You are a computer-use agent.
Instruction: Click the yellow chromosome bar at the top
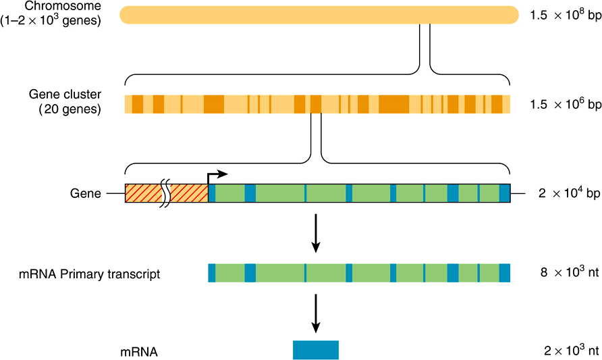click(x=317, y=14)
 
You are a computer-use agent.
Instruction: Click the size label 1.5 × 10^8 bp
click(x=566, y=15)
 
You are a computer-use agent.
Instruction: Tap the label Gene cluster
click(x=65, y=94)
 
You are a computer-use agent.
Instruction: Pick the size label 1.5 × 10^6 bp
click(x=566, y=104)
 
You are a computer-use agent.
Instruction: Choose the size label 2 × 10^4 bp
click(x=569, y=194)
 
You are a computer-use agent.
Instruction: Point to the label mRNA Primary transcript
click(x=90, y=274)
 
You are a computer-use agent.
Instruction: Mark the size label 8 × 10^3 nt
click(x=569, y=273)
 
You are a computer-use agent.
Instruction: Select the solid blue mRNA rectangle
click(x=315, y=350)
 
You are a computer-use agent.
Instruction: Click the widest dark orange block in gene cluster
click(x=393, y=104)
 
